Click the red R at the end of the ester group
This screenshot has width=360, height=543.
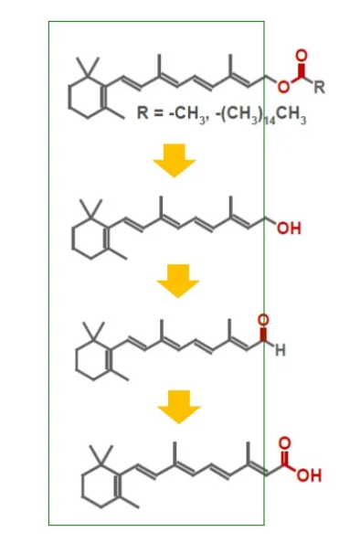(x=319, y=88)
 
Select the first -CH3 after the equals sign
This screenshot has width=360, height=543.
(x=182, y=114)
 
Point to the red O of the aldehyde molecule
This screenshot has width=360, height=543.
(x=265, y=320)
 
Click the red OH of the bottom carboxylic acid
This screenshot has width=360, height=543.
(x=309, y=476)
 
